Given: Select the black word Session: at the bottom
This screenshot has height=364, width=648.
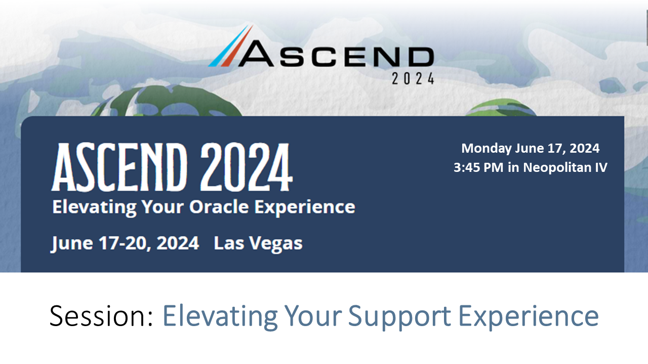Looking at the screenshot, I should [x=101, y=316].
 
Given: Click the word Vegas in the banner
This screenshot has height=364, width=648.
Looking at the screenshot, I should [x=273, y=244].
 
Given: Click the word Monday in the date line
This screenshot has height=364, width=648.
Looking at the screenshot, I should [x=487, y=149].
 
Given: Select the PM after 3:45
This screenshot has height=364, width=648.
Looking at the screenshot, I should [x=495, y=168].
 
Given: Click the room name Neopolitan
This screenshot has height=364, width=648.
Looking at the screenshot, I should [x=554, y=168].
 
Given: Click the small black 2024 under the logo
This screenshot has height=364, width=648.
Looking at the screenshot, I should [x=413, y=79].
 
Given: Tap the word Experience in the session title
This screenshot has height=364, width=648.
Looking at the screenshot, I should [x=529, y=316].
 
